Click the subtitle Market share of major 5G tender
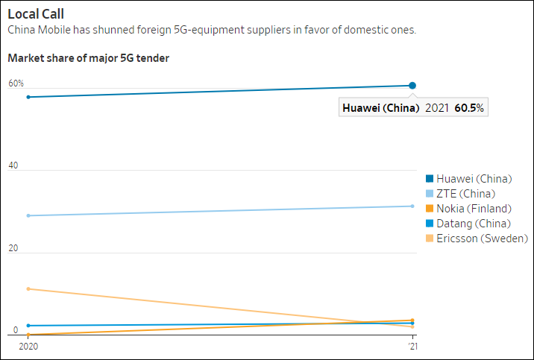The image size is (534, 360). click(x=88, y=57)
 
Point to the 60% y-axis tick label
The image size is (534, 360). click(x=16, y=83)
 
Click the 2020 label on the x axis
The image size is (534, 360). click(x=28, y=346)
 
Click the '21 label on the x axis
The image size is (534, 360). click(x=412, y=346)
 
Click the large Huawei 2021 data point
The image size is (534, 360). click(x=412, y=86)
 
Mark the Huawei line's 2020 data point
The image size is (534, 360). click(x=28, y=97)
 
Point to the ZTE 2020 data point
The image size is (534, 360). click(x=28, y=215)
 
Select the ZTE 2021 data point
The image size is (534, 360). click(x=412, y=206)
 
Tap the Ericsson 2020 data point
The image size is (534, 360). click(x=28, y=288)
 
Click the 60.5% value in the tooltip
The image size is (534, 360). click(x=468, y=108)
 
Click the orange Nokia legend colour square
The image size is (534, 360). click(x=429, y=209)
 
